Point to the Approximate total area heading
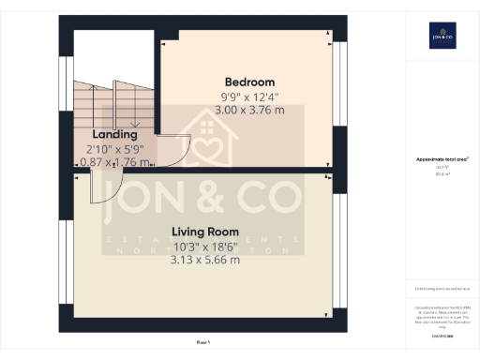442,159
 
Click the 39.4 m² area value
442,174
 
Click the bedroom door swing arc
169,150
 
